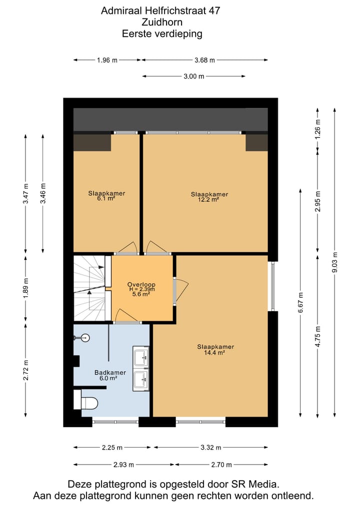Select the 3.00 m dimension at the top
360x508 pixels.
pyautogui.click(x=194, y=76)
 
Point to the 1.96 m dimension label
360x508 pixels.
pyautogui.click(x=107, y=60)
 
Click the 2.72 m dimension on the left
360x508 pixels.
pyautogui.click(x=26, y=370)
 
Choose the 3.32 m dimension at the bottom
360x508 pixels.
pyautogui.click(x=210, y=448)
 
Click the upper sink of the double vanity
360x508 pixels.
pyautogui.click(x=140, y=356)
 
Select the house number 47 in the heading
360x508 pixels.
pyautogui.click(x=213, y=10)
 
